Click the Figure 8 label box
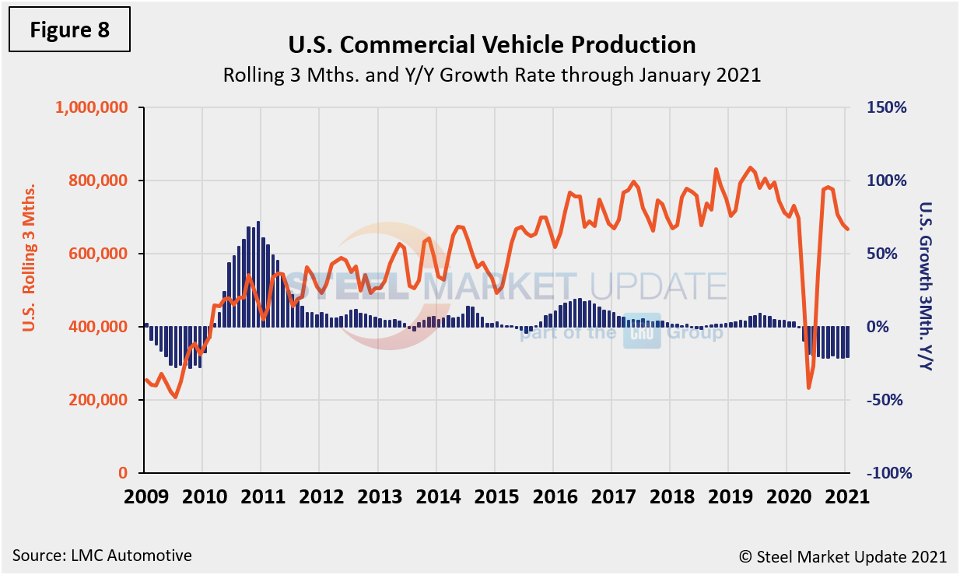pos(70,30)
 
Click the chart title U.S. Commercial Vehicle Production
pos(492,45)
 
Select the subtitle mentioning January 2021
pos(492,76)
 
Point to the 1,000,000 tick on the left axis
pos(91,108)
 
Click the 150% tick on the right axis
pos(888,108)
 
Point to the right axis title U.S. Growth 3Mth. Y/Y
pos(925,286)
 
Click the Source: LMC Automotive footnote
pos(102,556)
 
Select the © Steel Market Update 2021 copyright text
pos(843,556)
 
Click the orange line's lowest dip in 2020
pos(809,387)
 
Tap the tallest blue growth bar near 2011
pos(258,223)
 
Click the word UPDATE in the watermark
pos(658,286)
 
